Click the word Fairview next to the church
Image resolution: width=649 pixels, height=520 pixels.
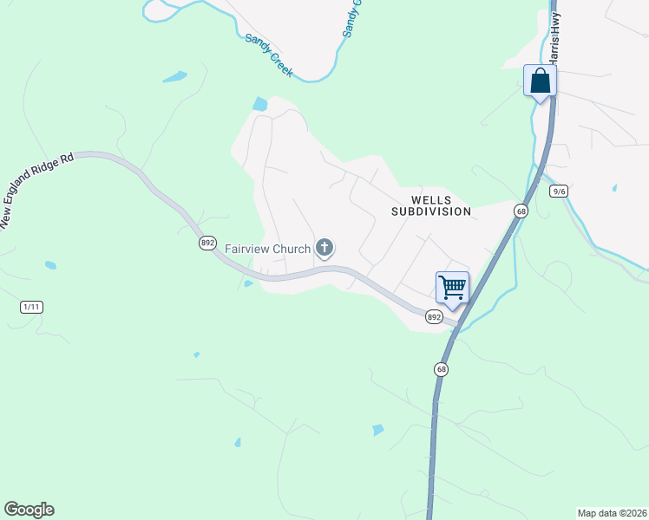coord(246,249)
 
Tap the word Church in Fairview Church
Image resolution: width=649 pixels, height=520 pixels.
coord(290,249)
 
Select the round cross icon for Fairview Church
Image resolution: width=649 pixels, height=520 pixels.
coord(324,249)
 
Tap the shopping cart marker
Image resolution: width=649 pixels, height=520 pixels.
coord(452,287)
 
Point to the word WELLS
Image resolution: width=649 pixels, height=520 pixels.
coord(431,199)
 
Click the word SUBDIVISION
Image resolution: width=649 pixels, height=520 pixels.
coord(431,211)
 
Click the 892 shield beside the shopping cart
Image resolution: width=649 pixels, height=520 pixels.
coord(435,318)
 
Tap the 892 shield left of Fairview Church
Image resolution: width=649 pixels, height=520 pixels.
coord(207,244)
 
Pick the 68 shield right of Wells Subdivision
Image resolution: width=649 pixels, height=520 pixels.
coord(521,211)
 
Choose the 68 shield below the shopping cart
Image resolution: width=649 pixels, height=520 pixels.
coord(442,369)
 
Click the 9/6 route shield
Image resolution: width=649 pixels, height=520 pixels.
coord(559,192)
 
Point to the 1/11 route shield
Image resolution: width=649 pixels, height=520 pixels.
coord(31,307)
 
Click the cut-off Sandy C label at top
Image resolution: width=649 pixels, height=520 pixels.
coord(351,18)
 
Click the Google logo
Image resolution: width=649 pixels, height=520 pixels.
coord(29,510)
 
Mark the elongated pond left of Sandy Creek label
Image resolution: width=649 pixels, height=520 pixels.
coord(174,76)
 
